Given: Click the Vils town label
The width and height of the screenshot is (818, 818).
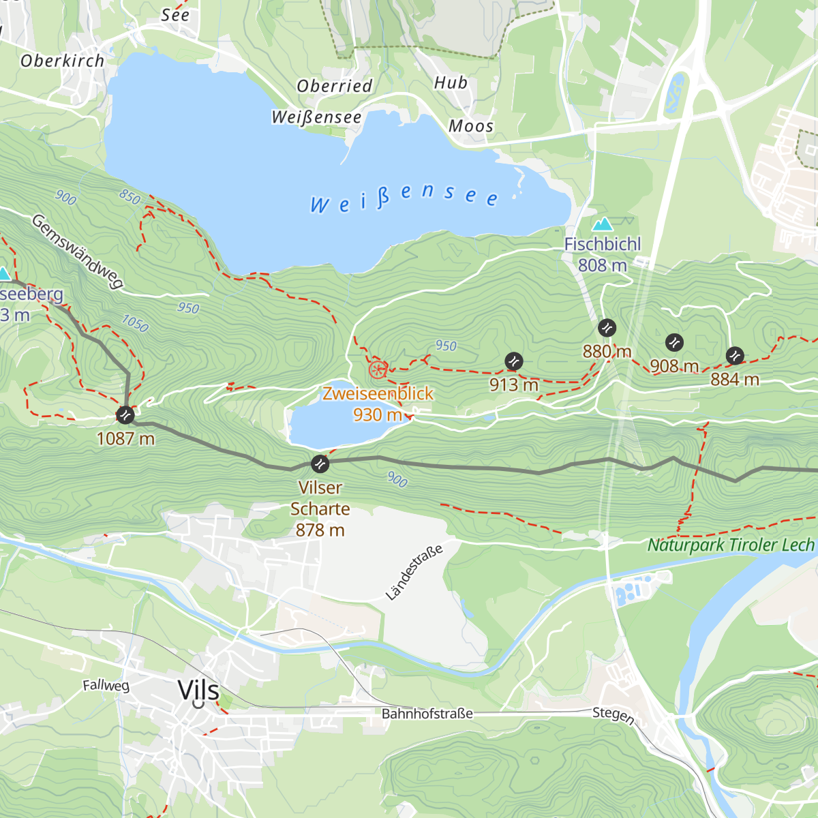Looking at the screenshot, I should point(198,690).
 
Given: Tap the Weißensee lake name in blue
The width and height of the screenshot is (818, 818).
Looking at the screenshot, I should point(404,198).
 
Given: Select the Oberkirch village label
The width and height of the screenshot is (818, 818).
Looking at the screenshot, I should point(62,61).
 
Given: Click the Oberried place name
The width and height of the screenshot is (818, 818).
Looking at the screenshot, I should point(335,86).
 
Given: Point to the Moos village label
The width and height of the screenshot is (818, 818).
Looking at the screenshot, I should point(471,126).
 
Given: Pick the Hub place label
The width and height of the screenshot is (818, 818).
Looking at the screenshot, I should point(451,83).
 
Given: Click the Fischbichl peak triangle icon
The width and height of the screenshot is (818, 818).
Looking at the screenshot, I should point(602,224).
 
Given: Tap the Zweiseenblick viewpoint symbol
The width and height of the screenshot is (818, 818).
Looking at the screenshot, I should point(378,370).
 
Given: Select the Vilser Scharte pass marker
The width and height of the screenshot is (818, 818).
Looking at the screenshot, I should point(320,464).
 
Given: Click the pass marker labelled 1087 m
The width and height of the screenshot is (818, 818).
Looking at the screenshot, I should point(125,414).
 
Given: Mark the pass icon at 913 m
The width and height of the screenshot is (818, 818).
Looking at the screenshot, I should point(514,361).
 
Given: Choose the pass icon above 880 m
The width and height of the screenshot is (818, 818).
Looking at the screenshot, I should point(607,328).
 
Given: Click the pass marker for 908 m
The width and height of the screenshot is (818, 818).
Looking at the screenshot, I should point(674,342).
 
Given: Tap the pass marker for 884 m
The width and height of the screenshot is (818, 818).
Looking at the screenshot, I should point(735,355).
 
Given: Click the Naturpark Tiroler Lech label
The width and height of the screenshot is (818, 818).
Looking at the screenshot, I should point(731,545).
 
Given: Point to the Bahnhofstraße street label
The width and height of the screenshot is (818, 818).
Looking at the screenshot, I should point(427,714).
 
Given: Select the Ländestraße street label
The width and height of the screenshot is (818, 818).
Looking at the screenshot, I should point(414,573).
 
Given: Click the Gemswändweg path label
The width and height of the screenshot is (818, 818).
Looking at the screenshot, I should point(78,252).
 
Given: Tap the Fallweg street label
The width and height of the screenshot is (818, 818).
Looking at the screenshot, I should point(106,685).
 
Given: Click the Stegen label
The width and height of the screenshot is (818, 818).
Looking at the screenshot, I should point(613,714).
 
